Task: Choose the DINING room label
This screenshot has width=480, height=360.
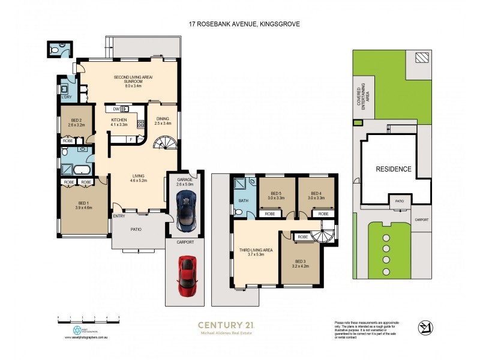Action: pyautogui.click(x=163, y=121)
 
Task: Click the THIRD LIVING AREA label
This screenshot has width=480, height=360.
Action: pyautogui.click(x=256, y=252)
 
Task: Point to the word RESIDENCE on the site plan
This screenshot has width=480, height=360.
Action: pyautogui.click(x=394, y=169)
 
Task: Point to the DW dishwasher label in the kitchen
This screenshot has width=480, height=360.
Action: pyautogui.click(x=116, y=109)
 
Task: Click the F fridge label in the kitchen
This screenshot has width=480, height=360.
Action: pyautogui.click(x=131, y=139)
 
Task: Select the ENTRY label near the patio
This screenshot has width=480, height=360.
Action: pyautogui.click(x=118, y=215)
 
